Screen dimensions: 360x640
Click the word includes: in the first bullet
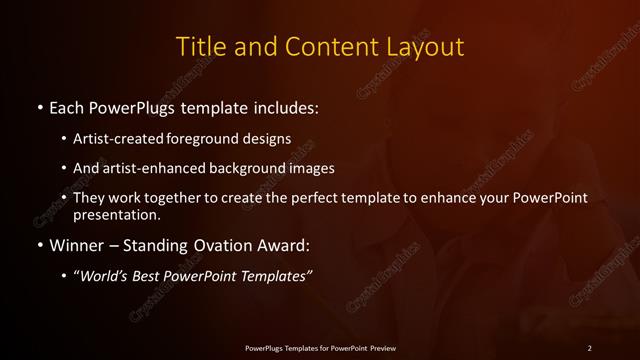pyautogui.click(x=285, y=107)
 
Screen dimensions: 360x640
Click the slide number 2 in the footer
pyautogui.click(x=590, y=348)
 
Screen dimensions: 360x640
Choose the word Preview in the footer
pyautogui.click(x=379, y=348)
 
